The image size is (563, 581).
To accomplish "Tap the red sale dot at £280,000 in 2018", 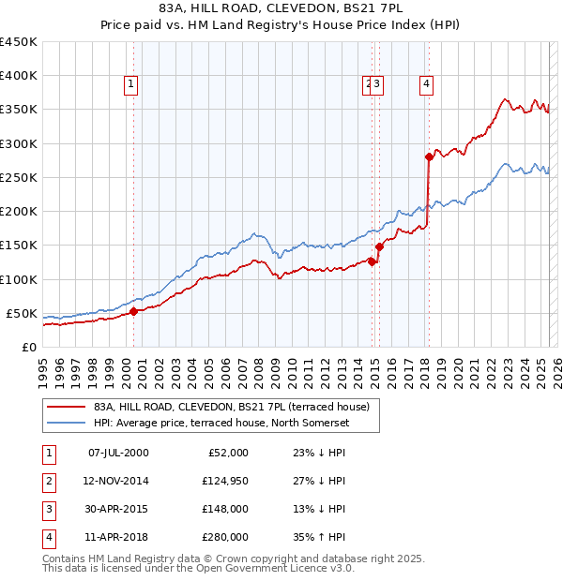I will coord(429,156).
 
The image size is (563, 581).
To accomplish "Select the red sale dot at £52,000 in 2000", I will coord(133,311).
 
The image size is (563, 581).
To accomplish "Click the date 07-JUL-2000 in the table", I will coord(118,453).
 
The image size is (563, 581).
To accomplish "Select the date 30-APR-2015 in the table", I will coord(118,509).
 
